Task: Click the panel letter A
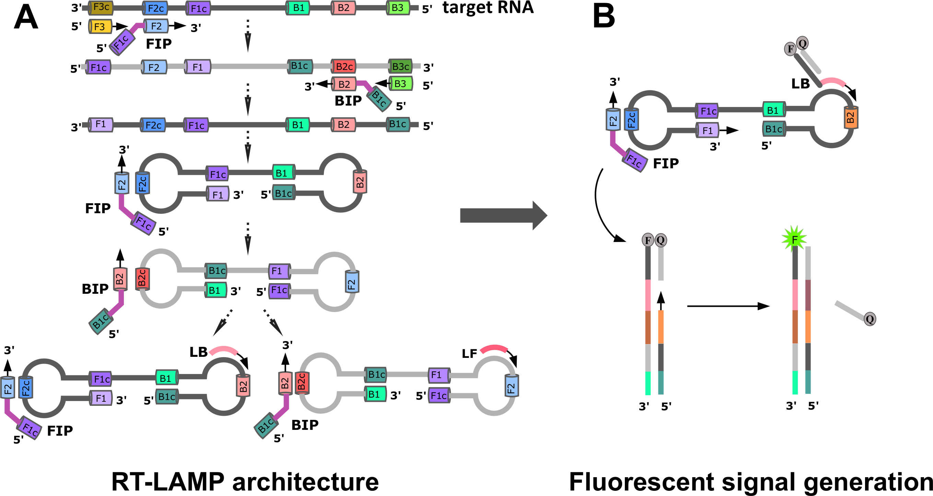click(26, 17)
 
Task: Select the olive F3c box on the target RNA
click(101, 8)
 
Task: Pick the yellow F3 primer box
click(100, 26)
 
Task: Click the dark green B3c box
click(400, 66)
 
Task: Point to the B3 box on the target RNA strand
click(398, 8)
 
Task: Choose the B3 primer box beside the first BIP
click(400, 84)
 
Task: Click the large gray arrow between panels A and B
click(503, 216)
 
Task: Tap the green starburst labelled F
click(794, 239)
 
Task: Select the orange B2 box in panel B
click(851, 117)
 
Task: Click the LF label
click(469, 353)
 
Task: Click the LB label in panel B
click(801, 84)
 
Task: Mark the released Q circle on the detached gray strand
click(870, 319)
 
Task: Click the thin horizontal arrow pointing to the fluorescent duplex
click(728, 306)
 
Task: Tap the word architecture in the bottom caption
click(305, 482)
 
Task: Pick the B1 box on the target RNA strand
click(298, 8)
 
